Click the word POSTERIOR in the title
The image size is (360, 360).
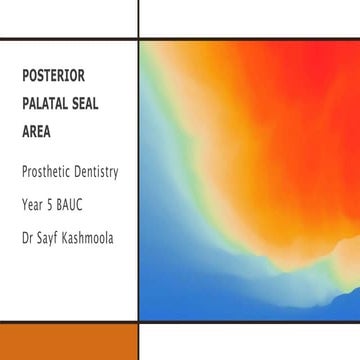tap(51, 76)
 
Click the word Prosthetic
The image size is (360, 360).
tap(47, 172)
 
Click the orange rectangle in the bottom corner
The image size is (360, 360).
tap(68, 342)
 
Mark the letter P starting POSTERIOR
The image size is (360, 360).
tap(24, 76)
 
